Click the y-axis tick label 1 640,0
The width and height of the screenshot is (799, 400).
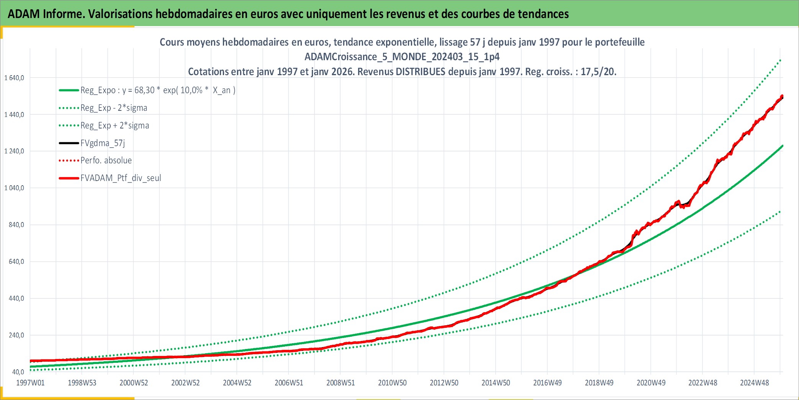click(14, 78)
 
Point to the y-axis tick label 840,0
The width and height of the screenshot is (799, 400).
click(16, 225)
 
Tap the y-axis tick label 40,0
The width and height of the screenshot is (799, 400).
click(18, 372)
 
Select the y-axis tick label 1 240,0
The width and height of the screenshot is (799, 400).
click(14, 151)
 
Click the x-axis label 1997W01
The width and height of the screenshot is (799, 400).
click(30, 383)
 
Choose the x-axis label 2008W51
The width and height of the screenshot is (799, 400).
click(341, 383)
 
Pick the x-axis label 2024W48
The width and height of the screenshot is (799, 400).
click(754, 383)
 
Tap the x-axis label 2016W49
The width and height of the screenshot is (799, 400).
click(547, 383)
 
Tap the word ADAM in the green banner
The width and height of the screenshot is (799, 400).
click(24, 14)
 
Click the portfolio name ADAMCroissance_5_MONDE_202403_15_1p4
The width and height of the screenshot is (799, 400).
click(402, 57)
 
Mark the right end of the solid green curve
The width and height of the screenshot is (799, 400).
click(782, 146)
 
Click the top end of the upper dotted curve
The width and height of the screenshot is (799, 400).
click(780, 60)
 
